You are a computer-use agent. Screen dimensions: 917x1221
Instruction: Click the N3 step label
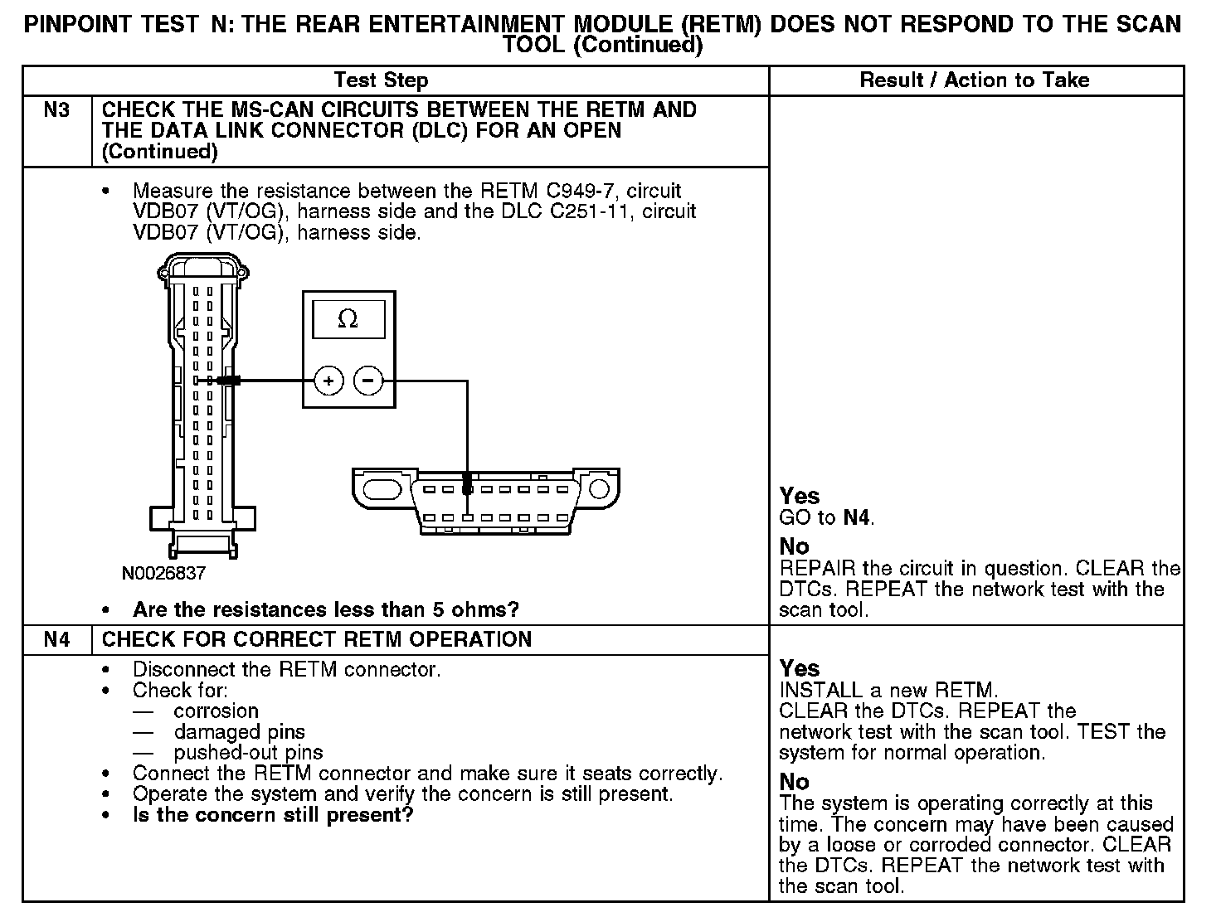[x=56, y=110]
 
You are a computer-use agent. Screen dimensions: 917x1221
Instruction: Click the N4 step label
[x=56, y=639]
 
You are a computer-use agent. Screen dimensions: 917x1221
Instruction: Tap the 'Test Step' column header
[x=381, y=80]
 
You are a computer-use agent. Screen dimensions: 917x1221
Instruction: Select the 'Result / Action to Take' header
[x=975, y=80]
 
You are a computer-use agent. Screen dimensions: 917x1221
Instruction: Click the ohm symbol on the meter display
[x=348, y=319]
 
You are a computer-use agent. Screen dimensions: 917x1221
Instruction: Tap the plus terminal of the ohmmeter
[x=329, y=381]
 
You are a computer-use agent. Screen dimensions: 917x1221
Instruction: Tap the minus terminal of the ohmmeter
[x=369, y=381]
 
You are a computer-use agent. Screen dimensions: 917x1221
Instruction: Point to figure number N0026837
[x=163, y=573]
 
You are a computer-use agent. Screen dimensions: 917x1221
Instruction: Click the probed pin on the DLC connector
[x=468, y=489]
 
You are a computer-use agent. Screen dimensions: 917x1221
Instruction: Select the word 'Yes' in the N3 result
[x=800, y=497]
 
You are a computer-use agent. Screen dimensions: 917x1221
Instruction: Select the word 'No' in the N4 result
[x=794, y=782]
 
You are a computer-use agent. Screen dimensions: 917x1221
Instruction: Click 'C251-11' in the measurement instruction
[x=595, y=212]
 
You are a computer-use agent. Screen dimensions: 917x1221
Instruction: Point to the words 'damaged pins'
[x=239, y=732]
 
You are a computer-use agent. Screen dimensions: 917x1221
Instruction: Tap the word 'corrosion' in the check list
[x=216, y=711]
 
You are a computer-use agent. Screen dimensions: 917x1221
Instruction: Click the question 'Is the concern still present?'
[x=273, y=815]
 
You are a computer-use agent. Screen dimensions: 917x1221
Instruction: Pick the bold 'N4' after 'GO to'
[x=857, y=518]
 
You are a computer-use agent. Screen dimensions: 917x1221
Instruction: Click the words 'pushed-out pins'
[x=248, y=753]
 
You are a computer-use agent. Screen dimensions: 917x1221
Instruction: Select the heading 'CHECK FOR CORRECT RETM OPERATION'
[x=317, y=639]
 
